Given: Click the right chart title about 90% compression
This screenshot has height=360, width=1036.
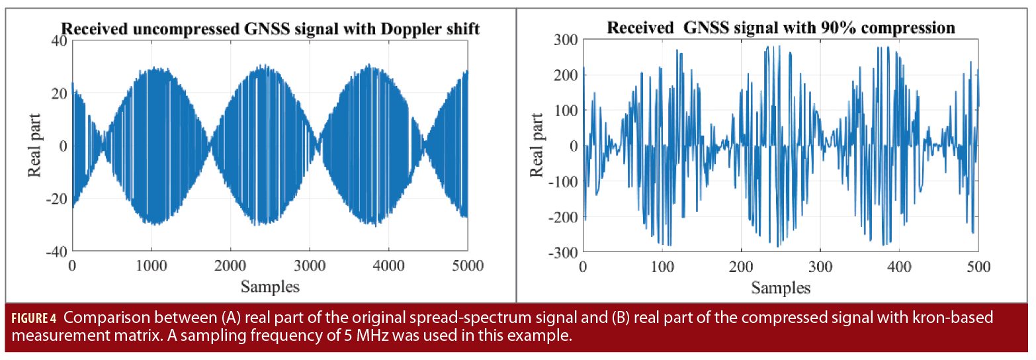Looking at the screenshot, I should pos(781,28).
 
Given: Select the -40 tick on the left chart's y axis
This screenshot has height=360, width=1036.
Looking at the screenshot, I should pos(56,251).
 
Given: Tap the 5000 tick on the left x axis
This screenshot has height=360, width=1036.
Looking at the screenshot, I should pos(468,267).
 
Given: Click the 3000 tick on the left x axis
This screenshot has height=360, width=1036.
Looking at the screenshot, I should pos(310,267).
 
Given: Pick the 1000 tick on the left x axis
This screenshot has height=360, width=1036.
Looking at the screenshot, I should pos(151,267).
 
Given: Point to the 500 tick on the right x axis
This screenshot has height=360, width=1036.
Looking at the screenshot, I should pos(978,267).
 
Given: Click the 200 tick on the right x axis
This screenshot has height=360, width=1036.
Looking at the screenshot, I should pos(741,267).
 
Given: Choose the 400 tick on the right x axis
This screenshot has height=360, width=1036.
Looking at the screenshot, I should pos(899,267).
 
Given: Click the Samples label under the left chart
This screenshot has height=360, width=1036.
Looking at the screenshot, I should pos(270,287).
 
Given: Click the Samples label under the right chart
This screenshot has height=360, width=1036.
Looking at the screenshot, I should pos(781,288).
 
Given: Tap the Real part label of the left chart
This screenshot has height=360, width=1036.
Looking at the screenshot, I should pos(34,146).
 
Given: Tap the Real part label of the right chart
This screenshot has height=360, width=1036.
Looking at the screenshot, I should pos(537,146).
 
